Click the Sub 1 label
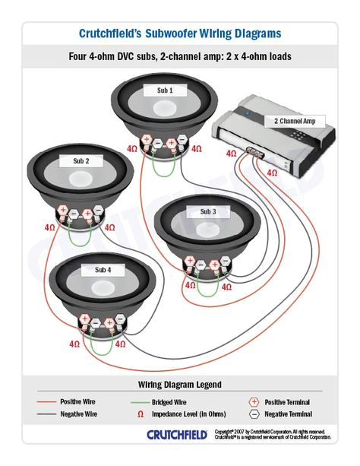(165, 90)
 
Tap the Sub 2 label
(81, 161)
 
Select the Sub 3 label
(208, 211)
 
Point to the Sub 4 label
(103, 269)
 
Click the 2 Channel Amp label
(294, 121)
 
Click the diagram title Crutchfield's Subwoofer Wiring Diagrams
(180, 33)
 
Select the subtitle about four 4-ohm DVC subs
(180, 56)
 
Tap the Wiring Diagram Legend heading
(180, 384)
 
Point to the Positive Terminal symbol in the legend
(253, 401)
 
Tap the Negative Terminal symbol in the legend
(253, 414)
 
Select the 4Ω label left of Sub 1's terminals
(132, 149)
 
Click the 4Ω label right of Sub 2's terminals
(109, 227)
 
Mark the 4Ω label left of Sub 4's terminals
(74, 344)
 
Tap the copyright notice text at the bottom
(274, 434)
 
